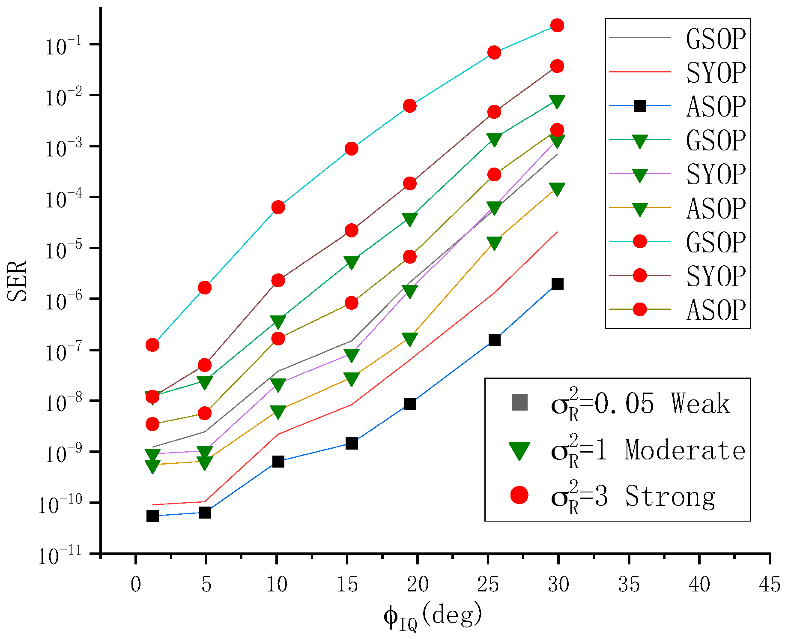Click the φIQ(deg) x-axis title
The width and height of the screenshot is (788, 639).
(433, 616)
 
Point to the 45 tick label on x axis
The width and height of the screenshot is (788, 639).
(769, 585)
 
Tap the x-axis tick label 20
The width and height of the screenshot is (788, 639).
(417, 585)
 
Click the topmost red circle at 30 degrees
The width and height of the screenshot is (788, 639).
(557, 26)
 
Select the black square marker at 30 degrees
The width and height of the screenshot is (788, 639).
(557, 284)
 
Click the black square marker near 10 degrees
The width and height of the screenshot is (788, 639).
(278, 462)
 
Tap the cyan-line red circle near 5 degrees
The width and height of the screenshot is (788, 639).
(205, 288)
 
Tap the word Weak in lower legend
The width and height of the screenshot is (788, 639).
(700, 404)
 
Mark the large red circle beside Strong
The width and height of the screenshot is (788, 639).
(519, 495)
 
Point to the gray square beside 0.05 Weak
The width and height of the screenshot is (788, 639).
(519, 403)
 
